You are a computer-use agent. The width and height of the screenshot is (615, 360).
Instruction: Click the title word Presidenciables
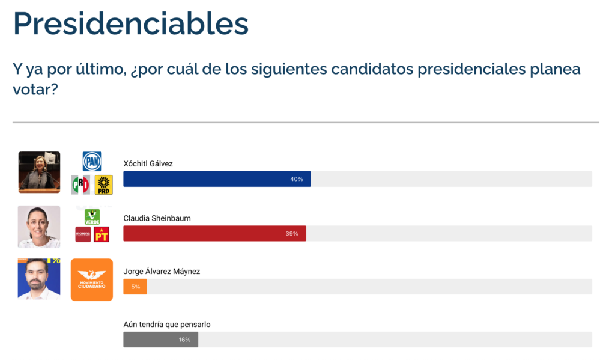[x=130, y=23]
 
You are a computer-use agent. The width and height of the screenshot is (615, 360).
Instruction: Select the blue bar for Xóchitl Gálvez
[x=216, y=179]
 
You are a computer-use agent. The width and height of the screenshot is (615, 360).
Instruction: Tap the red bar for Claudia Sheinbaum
[x=214, y=233]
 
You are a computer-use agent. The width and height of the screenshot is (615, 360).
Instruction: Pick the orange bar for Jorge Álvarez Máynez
[x=135, y=287]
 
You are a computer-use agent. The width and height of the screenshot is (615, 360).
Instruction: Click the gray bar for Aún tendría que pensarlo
[x=160, y=340]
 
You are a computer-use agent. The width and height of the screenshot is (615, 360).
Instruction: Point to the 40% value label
[x=296, y=179]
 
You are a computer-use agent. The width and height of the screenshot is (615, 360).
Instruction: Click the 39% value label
[x=292, y=233]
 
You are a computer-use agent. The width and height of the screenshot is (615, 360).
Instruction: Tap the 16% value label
[x=184, y=340]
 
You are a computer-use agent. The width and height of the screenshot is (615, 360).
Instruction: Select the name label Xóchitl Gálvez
[x=148, y=163]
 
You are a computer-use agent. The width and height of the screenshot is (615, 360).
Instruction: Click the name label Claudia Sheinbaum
[x=157, y=218]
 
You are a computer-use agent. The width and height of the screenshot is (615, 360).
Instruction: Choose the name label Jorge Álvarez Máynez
[x=162, y=271]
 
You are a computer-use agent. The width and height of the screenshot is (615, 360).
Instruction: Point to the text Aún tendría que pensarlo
[x=167, y=325]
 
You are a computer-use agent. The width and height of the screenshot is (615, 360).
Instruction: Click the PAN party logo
[x=92, y=161]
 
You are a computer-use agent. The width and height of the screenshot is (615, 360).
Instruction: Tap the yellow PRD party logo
[x=104, y=185]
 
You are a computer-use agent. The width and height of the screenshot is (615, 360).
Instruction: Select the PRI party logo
[x=80, y=185]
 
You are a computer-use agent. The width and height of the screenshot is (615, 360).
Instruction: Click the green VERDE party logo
[x=92, y=216]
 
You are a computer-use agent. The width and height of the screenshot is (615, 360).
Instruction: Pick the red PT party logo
[x=101, y=234]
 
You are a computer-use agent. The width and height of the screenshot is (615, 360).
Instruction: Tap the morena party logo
[x=83, y=234]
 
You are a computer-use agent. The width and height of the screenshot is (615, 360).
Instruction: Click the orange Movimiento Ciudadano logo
[x=92, y=279]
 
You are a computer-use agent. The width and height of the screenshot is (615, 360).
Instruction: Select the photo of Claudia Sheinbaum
[x=39, y=227]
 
